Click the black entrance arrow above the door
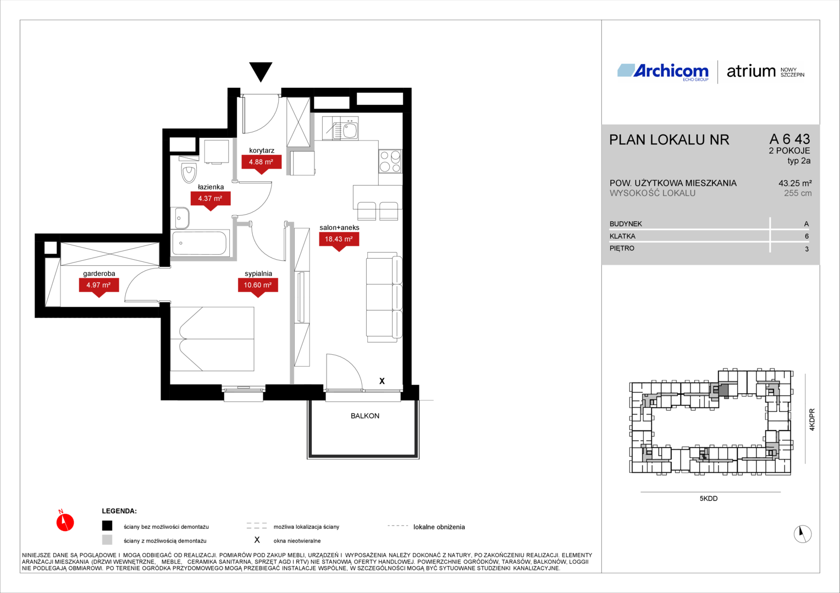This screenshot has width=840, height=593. coord(261,71)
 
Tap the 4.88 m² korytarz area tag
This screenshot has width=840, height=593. coord(261,163)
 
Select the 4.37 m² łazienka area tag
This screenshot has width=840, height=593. coord(211,199)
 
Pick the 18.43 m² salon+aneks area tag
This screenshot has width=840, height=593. coord(339,240)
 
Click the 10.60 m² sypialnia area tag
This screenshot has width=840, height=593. coord(258,286)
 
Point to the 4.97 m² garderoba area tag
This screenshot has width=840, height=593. coord(99,286)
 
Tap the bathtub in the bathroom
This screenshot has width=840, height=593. coord(200,243)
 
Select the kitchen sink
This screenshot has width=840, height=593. coord(345,129)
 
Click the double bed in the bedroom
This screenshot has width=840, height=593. coord(212,339)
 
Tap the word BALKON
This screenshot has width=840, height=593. coord(365,416)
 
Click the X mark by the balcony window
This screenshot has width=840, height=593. coord(382,381)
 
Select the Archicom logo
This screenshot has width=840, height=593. coord(663,72)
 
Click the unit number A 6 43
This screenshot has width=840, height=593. coord(790,139)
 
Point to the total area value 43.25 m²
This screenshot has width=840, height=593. coord(795,183)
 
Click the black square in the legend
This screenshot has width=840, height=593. coord(107,525)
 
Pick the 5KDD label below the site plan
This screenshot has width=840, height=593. coord(709,498)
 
